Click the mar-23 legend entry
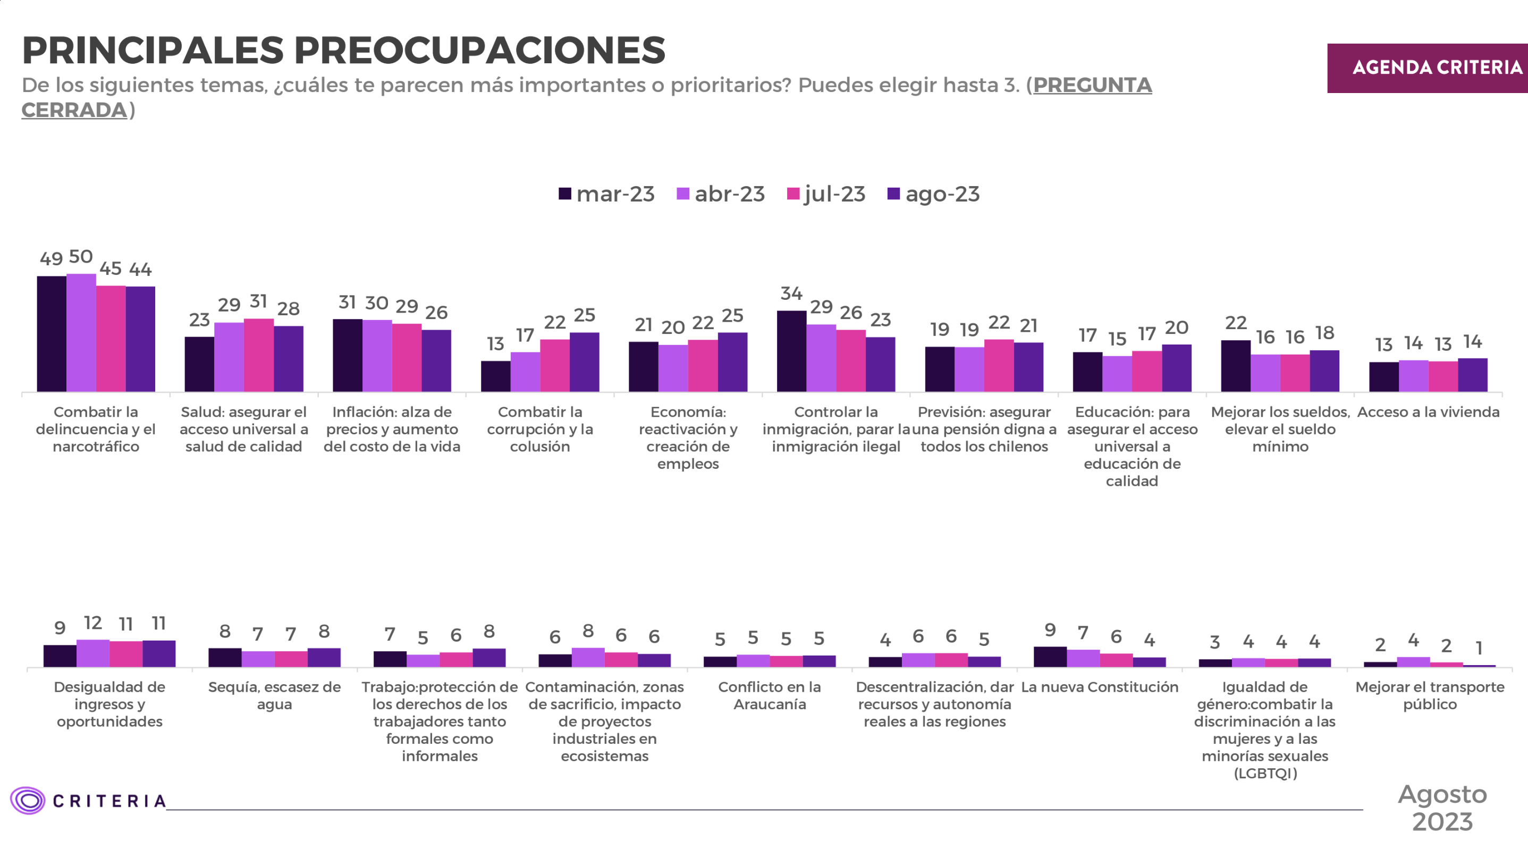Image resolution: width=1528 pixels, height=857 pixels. pyautogui.click(x=606, y=194)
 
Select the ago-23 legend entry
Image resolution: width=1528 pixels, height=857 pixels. pyautogui.click(x=934, y=194)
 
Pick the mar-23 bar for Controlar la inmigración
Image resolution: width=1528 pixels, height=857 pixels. pyautogui.click(x=791, y=351)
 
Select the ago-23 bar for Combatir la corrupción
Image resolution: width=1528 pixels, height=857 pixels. pyautogui.click(x=584, y=362)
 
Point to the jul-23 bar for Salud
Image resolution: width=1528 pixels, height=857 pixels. pyautogui.click(x=259, y=355)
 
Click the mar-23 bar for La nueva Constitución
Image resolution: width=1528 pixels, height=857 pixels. pyautogui.click(x=1050, y=657)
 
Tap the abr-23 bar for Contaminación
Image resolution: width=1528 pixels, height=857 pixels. pyautogui.click(x=588, y=657)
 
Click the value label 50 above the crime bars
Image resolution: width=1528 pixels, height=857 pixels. pyautogui.click(x=81, y=256)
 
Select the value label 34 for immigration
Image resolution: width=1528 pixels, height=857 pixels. pyautogui.click(x=791, y=293)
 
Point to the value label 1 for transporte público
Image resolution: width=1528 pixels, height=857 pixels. pyautogui.click(x=1479, y=648)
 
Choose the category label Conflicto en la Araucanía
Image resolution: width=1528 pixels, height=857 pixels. pyautogui.click(x=770, y=695)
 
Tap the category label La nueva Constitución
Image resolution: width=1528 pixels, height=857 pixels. pyautogui.click(x=1099, y=687)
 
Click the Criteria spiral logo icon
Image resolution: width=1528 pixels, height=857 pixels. pyautogui.click(x=27, y=801)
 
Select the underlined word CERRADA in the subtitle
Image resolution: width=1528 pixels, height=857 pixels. pyautogui.click(x=74, y=111)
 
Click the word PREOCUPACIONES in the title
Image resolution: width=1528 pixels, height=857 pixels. pyautogui.click(x=479, y=50)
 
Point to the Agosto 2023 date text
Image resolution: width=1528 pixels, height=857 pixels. pyautogui.click(x=1442, y=808)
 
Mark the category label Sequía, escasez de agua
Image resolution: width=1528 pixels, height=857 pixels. pyautogui.click(x=274, y=695)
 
